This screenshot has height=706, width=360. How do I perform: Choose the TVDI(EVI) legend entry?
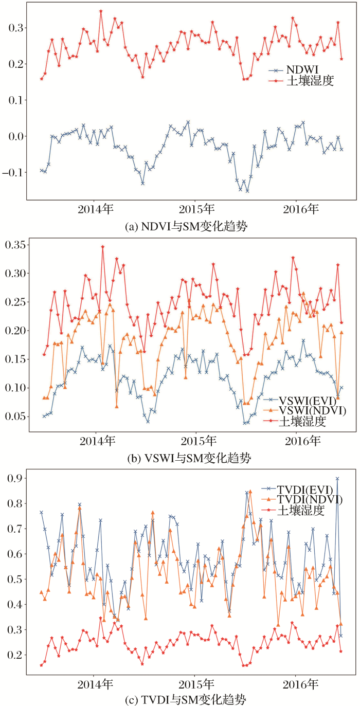pos(305,488)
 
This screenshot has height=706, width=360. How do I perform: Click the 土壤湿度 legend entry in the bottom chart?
pos(301,510)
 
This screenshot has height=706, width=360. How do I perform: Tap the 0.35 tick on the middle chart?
pos(16,245)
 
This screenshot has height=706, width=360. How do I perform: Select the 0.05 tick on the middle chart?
pos(16,416)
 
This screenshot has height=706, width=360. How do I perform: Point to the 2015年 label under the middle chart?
pos(198,442)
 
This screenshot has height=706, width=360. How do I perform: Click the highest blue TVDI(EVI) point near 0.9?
pos(337,478)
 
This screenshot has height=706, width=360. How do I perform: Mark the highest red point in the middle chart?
pos(102,246)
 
